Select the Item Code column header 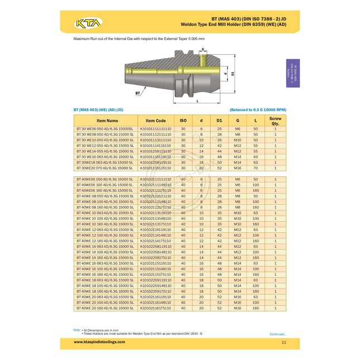coord(156,120)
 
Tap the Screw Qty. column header coord(275,120)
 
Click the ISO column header coord(183,120)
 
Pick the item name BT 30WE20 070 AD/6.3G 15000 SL coord(105,167)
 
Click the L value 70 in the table coord(256,167)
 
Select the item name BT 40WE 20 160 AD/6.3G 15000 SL coord(105,308)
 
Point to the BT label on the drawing coord(137,93)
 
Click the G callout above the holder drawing coord(202,49)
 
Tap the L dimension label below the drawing coord(198,101)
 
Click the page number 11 coord(284,342)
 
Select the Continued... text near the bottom coord(277,334)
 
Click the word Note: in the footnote coord(77,330)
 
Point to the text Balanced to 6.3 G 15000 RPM coord(258,110)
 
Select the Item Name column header coord(107,120)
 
